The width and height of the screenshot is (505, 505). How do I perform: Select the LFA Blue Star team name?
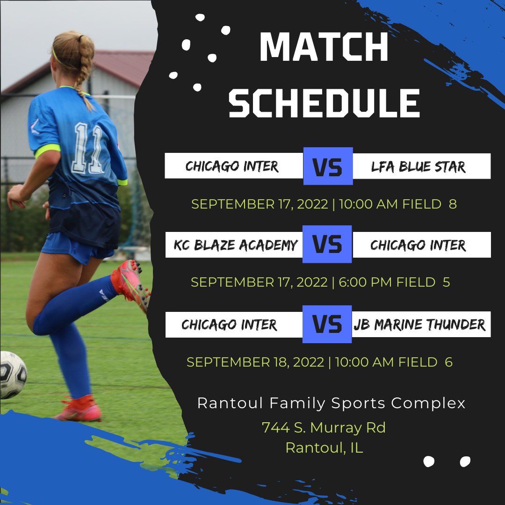tap(418, 166)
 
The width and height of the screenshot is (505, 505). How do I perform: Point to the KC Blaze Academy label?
tap(236, 245)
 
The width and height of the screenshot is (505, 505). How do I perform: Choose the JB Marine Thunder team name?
tap(419, 324)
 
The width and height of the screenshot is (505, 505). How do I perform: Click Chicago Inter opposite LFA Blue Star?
tap(232, 166)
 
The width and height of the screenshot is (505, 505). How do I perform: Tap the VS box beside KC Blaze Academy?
tap(327, 244)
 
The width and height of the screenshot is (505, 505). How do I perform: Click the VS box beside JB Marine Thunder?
tap(327, 324)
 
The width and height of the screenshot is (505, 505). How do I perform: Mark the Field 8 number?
tap(453, 204)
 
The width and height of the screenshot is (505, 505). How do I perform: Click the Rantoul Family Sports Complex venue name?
tap(332, 403)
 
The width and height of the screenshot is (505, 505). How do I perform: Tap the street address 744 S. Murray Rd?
tap(324, 427)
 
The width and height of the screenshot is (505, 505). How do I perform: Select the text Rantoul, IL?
tap(324, 448)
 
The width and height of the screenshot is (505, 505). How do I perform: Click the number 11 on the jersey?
tap(87, 148)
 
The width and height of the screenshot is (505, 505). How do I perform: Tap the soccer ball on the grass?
tap(12, 375)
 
